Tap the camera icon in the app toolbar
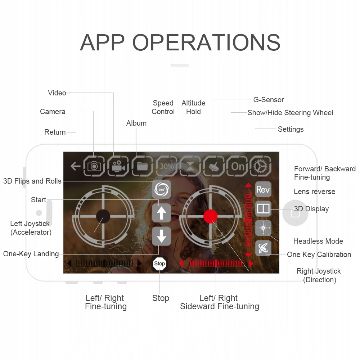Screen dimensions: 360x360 click(94, 166)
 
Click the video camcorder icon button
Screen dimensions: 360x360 click(118, 166)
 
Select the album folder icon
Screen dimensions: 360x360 click(142, 166)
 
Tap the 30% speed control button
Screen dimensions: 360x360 click(166, 166)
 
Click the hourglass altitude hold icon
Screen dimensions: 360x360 click(190, 166)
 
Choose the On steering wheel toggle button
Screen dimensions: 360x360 click(238, 166)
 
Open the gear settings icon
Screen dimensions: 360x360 click(261, 166)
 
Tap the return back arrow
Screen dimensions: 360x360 click(76, 166)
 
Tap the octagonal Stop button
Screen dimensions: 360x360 click(159, 264)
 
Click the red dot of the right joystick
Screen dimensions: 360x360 click(210, 216)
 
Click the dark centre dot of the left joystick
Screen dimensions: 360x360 click(103, 216)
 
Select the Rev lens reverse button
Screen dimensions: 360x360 click(263, 189)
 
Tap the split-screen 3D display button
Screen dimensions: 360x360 click(263, 209)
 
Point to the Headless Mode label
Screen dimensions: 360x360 click(318, 241)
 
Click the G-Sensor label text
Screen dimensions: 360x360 click(269, 100)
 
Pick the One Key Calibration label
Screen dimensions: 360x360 click(319, 255)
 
